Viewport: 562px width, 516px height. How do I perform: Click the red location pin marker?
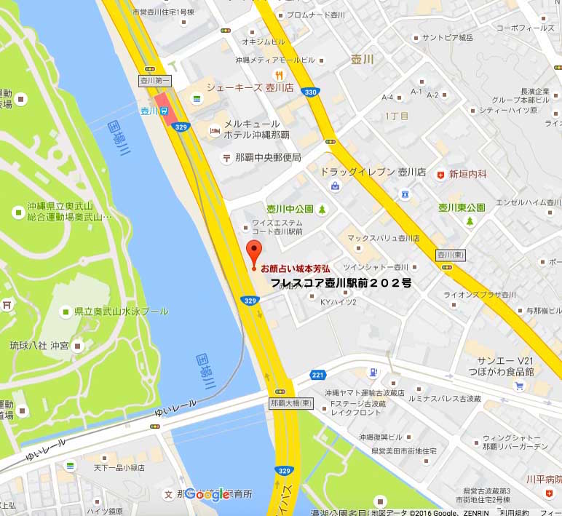(x=254, y=251)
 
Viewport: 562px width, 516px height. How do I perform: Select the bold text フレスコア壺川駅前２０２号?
(x=341, y=282)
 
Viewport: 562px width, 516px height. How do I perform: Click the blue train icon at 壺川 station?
(x=165, y=111)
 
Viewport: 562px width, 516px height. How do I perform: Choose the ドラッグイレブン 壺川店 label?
(x=373, y=172)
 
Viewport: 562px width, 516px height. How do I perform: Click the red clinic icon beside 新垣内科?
(x=440, y=175)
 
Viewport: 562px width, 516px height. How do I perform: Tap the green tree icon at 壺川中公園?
(x=322, y=210)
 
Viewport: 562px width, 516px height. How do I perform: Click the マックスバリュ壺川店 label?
(x=383, y=238)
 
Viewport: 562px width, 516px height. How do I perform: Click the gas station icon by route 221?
(x=373, y=372)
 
